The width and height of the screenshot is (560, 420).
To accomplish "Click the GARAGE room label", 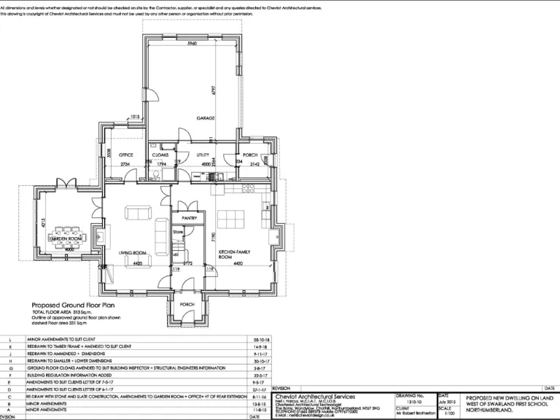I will click(204, 117).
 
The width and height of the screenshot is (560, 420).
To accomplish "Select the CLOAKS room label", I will click(160, 155).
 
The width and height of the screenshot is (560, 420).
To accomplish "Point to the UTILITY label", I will click(204, 155).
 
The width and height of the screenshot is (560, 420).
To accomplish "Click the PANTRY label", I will click(189, 218).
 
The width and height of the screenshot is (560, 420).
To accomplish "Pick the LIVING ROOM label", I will click(133, 253).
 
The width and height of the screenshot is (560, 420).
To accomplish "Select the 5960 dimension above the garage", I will click(192, 44).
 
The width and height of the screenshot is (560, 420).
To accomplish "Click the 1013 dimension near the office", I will click(135, 116).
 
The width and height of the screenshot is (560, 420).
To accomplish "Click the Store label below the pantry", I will click(178, 232).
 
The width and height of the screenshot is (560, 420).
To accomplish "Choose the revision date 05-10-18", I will click(261, 340).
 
